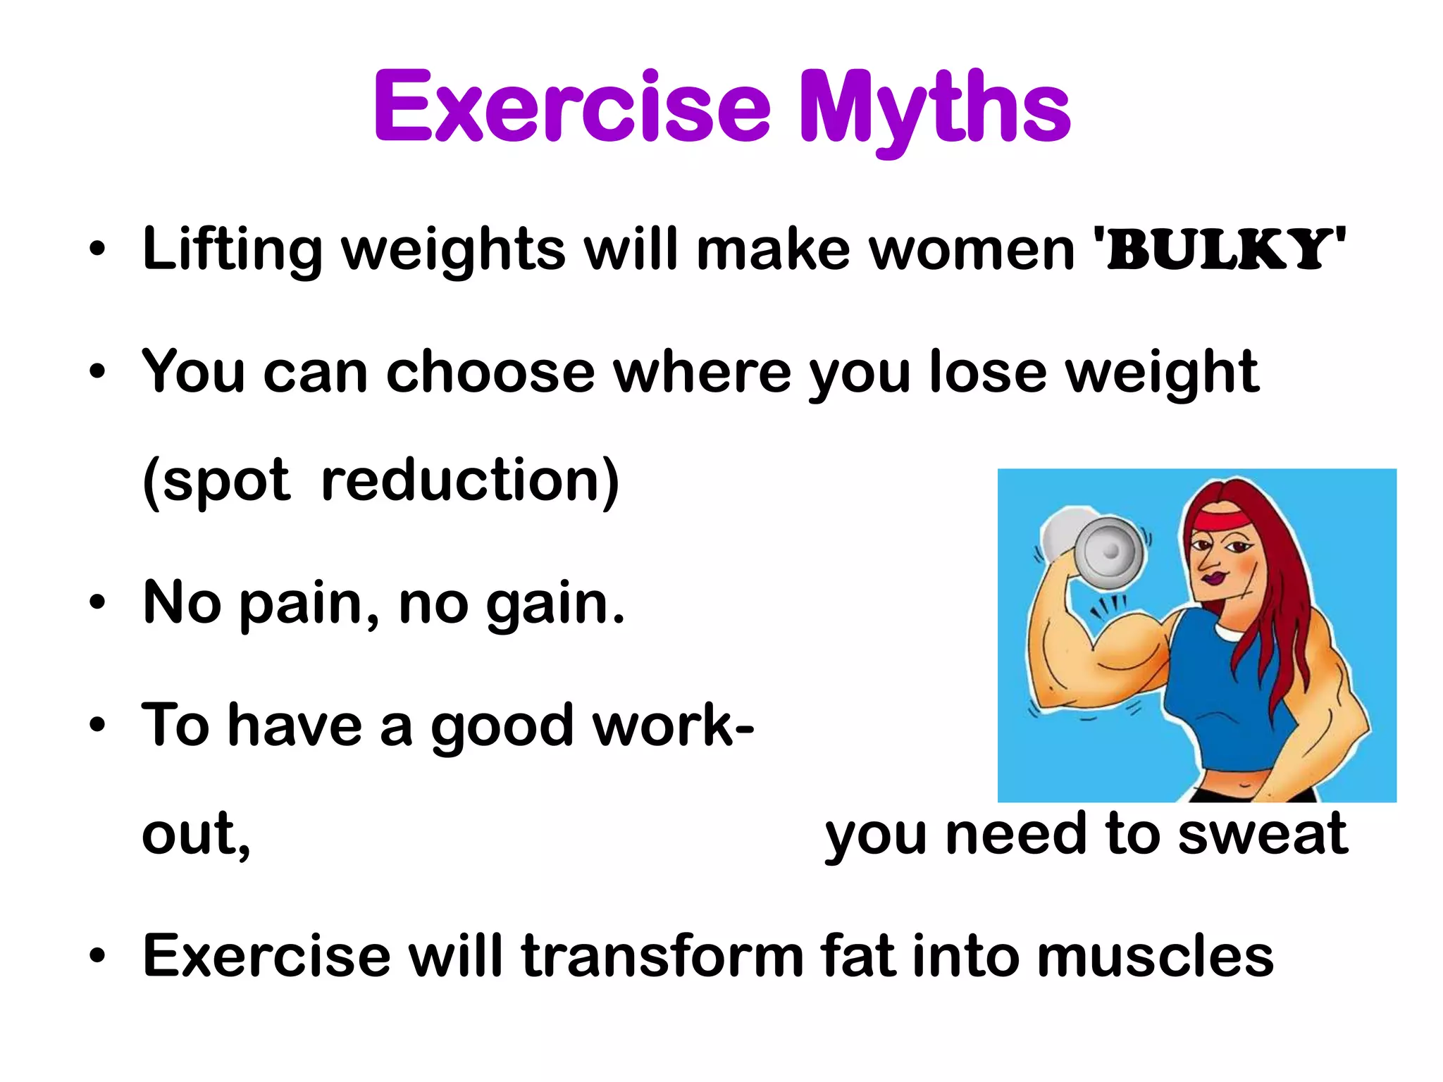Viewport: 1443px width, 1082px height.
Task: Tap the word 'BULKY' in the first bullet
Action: click(1218, 249)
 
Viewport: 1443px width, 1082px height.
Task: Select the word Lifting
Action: click(233, 251)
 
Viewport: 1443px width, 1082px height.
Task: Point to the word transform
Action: click(662, 956)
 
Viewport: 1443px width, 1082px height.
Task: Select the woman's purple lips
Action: click(1213, 578)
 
